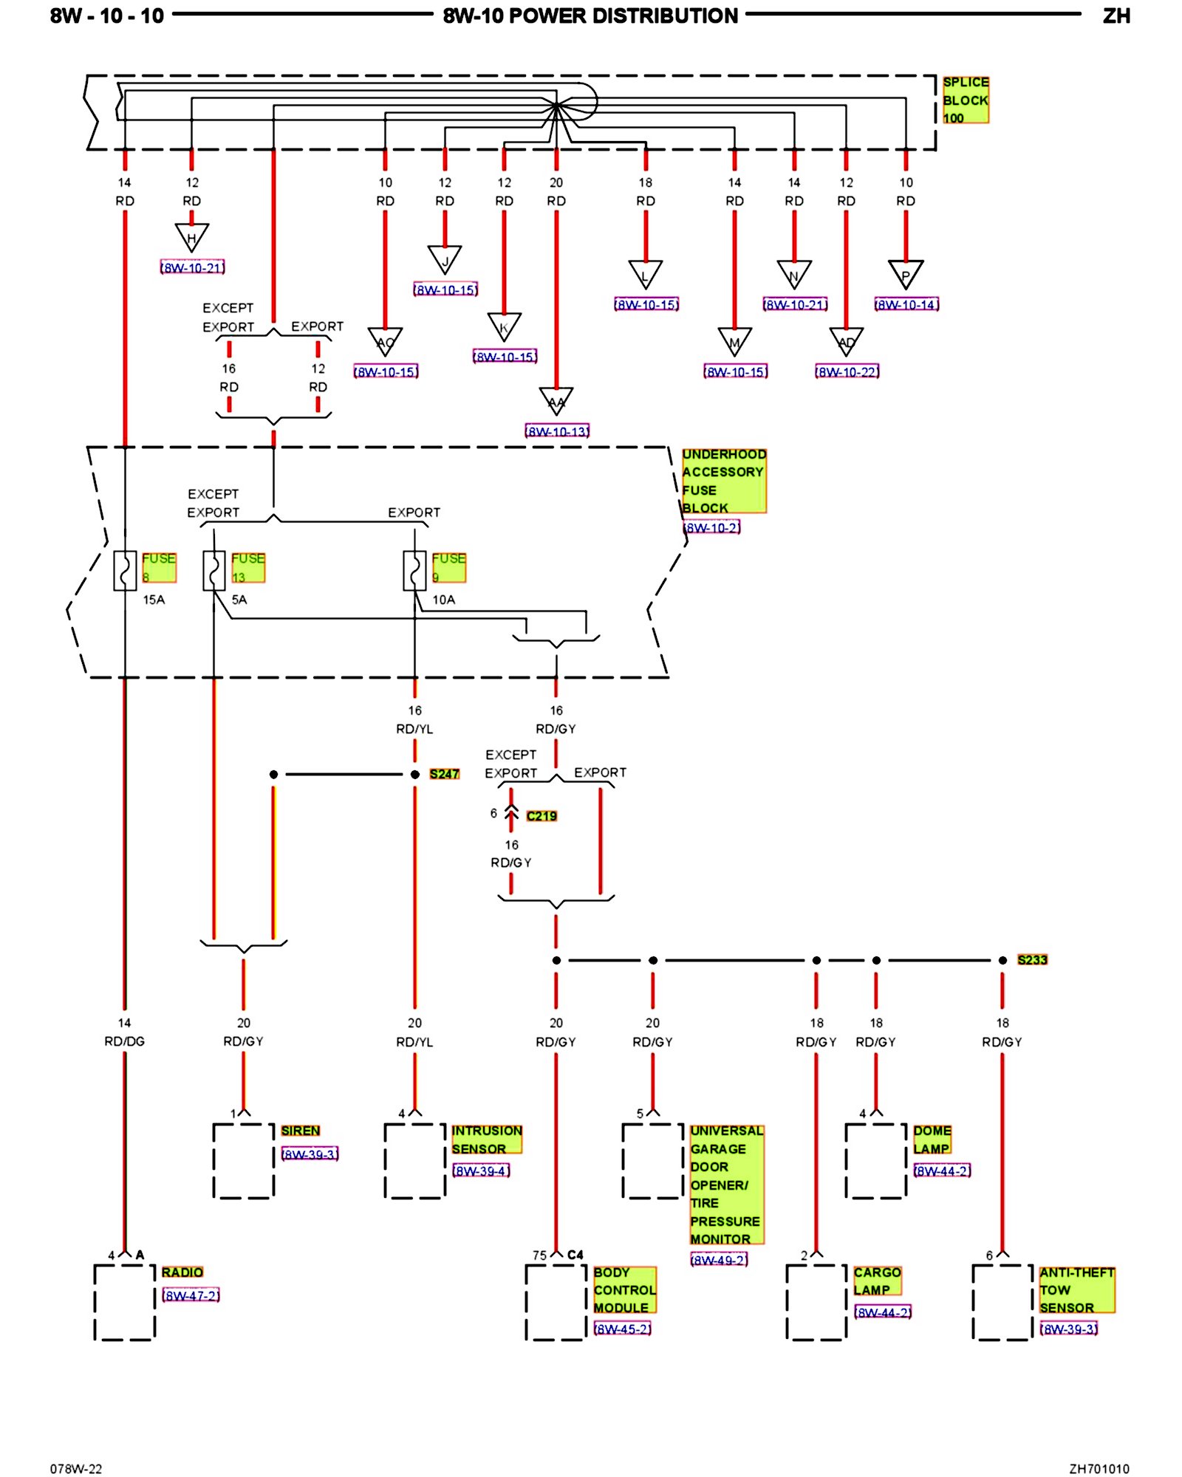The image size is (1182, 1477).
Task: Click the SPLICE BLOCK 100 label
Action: (x=965, y=100)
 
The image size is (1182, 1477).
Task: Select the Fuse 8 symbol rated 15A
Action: (x=125, y=570)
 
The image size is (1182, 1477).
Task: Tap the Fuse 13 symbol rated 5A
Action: (x=214, y=570)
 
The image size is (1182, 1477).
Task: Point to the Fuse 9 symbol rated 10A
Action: (x=414, y=570)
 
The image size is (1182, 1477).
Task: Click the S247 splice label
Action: (x=444, y=774)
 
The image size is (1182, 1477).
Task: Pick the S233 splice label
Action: (x=1032, y=960)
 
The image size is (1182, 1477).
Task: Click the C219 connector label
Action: (x=542, y=816)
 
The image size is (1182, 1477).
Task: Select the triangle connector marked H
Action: (x=191, y=237)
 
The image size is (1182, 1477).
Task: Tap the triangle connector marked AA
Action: (x=556, y=401)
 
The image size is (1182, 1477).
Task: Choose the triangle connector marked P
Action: (x=906, y=274)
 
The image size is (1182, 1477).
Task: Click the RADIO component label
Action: (x=182, y=1272)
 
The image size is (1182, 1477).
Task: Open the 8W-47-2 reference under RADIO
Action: (x=191, y=1295)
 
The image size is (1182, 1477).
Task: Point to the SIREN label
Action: (x=300, y=1131)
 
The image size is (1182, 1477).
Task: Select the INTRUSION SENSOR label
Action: (x=486, y=1140)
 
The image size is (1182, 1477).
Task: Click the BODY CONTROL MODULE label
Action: (x=624, y=1289)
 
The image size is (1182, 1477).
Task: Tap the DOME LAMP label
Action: (x=932, y=1140)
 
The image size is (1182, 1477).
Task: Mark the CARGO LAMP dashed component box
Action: (x=816, y=1301)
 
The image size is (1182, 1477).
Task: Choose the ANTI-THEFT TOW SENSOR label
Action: (x=1076, y=1289)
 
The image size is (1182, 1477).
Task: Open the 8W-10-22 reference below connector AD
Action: (x=847, y=371)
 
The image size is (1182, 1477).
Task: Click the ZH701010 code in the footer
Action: (x=1099, y=1468)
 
